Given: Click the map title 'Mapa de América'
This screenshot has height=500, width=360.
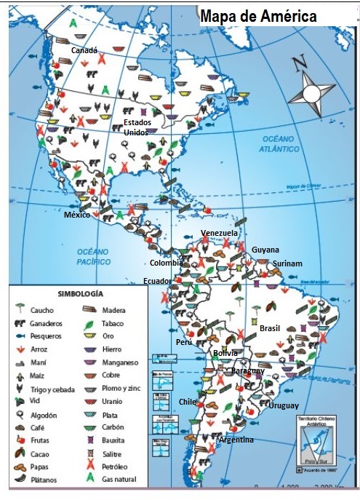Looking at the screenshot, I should pos(258,16).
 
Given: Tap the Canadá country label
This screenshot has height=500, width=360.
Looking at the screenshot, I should pos(84,49).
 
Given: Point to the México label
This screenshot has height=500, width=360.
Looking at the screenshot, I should pos(76,216).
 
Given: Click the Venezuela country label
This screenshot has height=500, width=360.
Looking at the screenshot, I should pos(219,233).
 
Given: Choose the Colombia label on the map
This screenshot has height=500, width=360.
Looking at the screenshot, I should pos(167,263).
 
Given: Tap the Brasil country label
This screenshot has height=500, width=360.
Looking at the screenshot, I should pos(270,328).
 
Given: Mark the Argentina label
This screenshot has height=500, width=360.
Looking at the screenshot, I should pos(236,440).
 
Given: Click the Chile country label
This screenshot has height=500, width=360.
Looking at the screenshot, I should pos(188,401).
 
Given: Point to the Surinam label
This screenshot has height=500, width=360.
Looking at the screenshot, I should pos(287,263).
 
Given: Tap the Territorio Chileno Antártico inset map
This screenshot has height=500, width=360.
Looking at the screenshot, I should pos(317,449).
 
